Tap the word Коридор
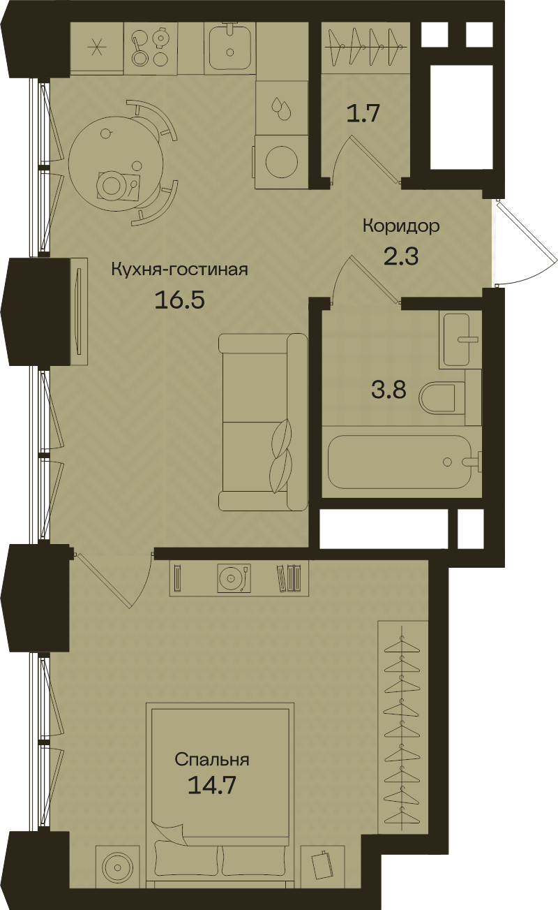pyautogui.click(x=400, y=226)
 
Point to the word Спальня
pyautogui.click(x=212, y=760)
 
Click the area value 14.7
pyautogui.click(x=212, y=785)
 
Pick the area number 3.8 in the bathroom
pyautogui.click(x=388, y=389)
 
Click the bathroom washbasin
pyautogui.click(x=460, y=339)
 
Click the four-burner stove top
pyautogui.click(x=151, y=45)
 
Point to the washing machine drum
pyautogui.click(x=281, y=161)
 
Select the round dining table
pyautogui.click(x=115, y=161)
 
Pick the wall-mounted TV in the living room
pyautogui.click(x=78, y=311)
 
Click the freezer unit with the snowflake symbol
pyautogui.click(x=96, y=46)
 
